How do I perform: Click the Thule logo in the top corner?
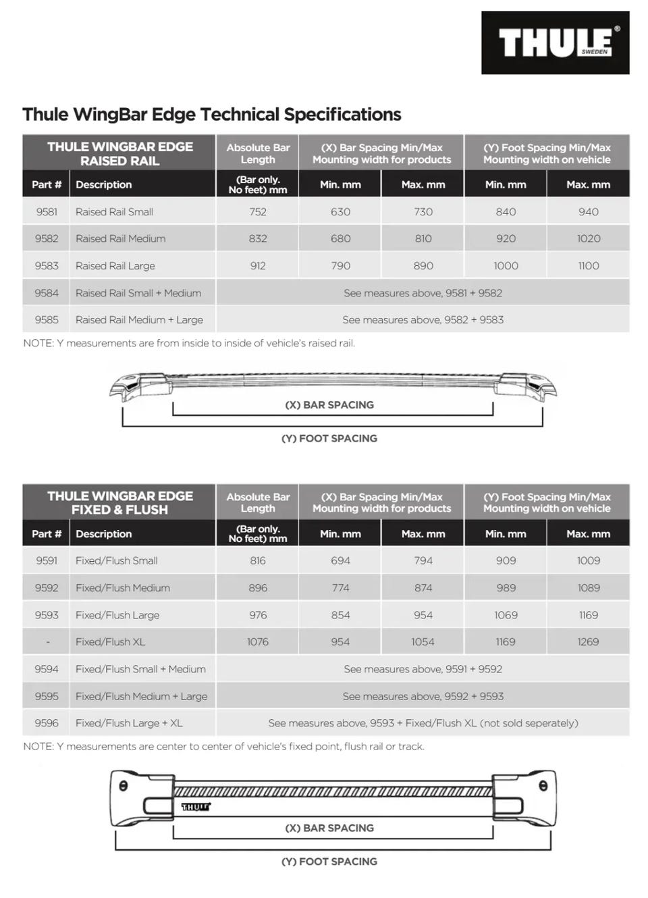click(x=555, y=43)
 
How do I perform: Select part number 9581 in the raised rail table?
click(x=47, y=211)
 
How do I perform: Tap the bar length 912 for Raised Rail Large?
click(x=258, y=265)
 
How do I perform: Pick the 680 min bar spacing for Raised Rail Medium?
click(x=340, y=238)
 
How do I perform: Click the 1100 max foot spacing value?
click(x=588, y=265)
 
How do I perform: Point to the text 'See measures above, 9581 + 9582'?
click(x=423, y=292)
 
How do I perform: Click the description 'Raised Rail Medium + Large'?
click(x=139, y=319)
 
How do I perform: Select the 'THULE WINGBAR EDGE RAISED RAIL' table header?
click(x=119, y=153)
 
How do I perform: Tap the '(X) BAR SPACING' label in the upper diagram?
click(x=329, y=404)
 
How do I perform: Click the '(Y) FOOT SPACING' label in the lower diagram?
click(x=329, y=861)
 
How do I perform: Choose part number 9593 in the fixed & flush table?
click(x=47, y=614)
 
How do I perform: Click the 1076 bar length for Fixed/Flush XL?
click(x=258, y=641)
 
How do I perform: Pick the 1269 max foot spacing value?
click(x=588, y=641)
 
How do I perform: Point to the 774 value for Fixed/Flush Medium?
click(x=340, y=587)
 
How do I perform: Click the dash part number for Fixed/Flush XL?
click(x=47, y=641)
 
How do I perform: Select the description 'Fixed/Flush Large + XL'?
click(x=129, y=722)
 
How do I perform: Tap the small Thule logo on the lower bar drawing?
click(x=196, y=807)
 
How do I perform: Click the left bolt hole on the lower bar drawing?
click(x=123, y=786)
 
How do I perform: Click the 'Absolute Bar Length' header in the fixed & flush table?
click(x=258, y=502)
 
